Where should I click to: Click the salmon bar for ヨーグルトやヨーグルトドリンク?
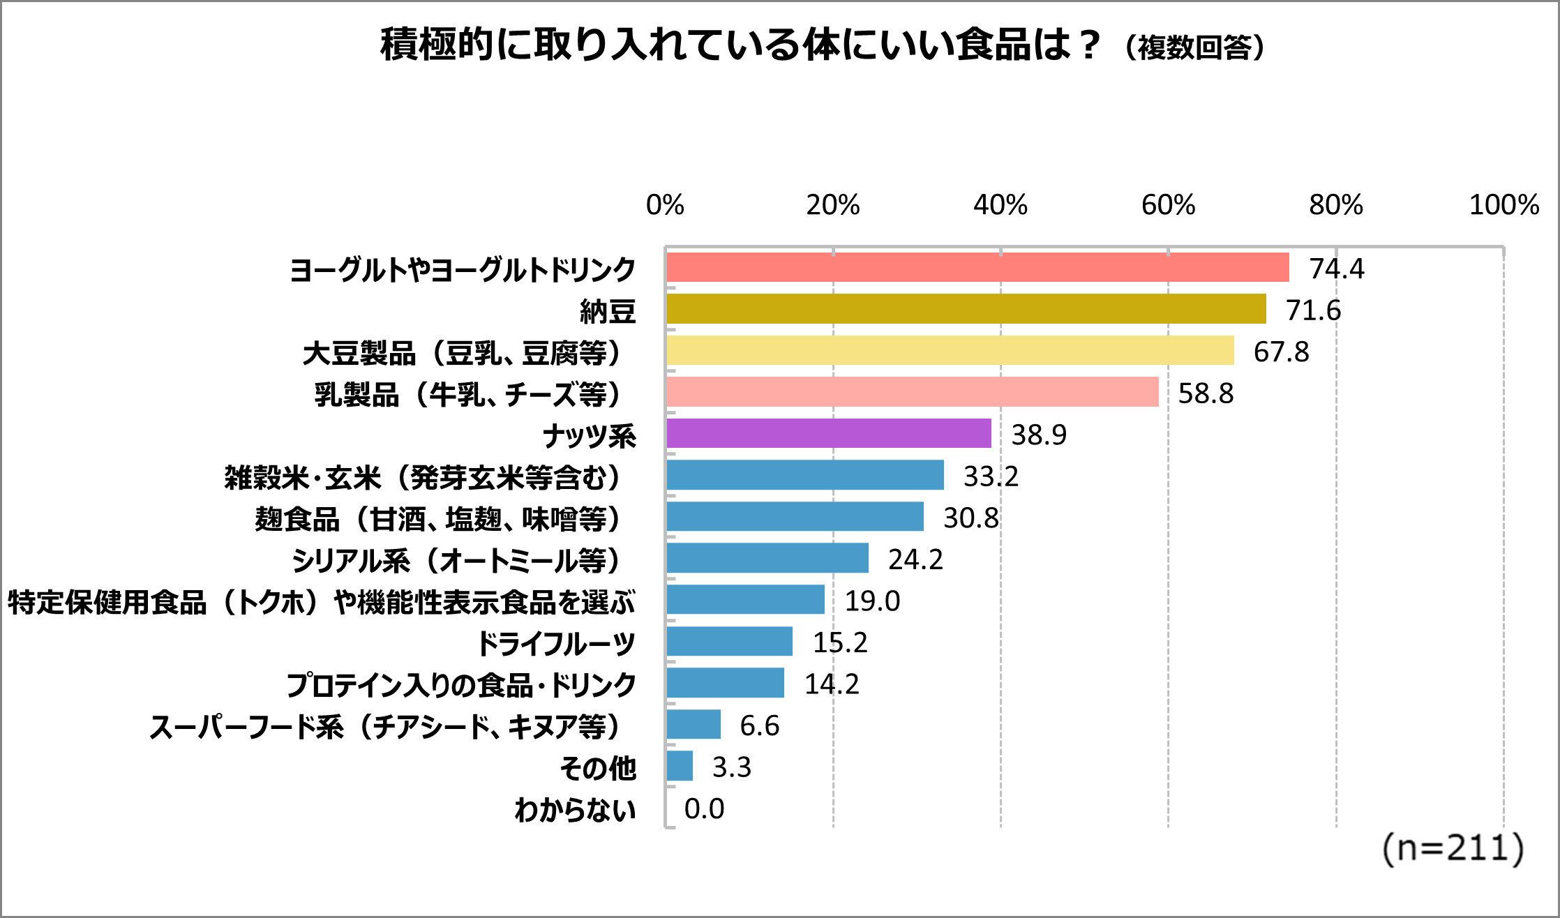[x=977, y=268]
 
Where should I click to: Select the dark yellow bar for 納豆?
[x=966, y=309]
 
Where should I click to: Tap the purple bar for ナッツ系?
[x=828, y=434]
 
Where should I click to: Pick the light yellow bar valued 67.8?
[x=950, y=351]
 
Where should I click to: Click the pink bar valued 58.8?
[x=912, y=392]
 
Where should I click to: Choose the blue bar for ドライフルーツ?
[x=729, y=642]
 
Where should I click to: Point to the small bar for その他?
[x=680, y=766]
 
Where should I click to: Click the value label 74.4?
[x=1336, y=269]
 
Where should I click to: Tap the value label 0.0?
[x=704, y=808]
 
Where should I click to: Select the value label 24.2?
[x=915, y=559]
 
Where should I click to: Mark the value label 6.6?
[x=759, y=725]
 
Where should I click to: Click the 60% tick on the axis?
[x=1168, y=205]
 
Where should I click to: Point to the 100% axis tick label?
[x=1503, y=205]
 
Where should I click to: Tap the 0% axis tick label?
[x=665, y=205]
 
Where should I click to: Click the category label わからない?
[x=575, y=810]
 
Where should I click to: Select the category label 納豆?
[x=608, y=311]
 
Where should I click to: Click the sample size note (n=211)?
[x=1453, y=849]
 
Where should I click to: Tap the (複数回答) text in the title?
[x=1194, y=48]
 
